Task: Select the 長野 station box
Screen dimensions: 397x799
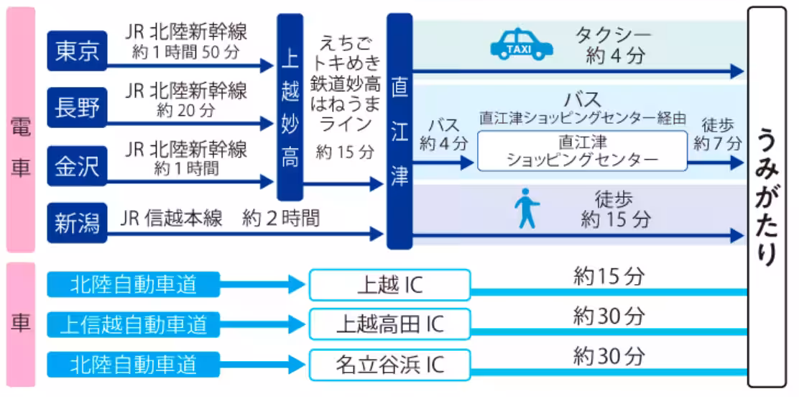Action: tap(77, 108)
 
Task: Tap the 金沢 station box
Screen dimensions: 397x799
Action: tap(77, 166)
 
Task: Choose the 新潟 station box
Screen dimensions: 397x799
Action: tap(77, 222)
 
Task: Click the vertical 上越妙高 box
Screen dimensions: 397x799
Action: tap(290, 106)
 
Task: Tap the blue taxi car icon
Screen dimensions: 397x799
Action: tap(522, 44)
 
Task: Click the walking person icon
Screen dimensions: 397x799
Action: tap(527, 209)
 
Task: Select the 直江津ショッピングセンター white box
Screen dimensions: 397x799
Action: tap(582, 151)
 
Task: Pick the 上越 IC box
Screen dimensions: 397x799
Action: tap(389, 285)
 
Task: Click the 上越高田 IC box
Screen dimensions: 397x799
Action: tap(389, 324)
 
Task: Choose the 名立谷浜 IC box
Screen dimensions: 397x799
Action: tap(389, 365)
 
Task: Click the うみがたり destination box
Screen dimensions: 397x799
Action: tap(767, 196)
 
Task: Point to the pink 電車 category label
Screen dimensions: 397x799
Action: tap(20, 131)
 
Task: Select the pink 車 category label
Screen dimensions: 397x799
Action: tap(20, 324)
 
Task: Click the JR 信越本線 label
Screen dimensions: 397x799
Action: tap(172, 219)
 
